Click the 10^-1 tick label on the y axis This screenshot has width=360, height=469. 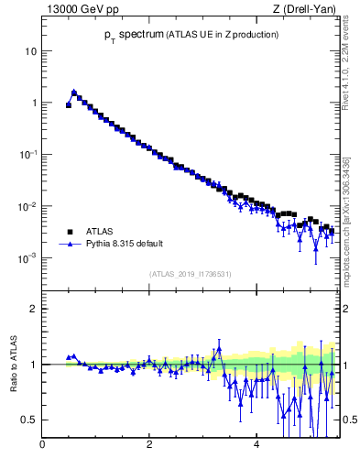[x=30, y=155]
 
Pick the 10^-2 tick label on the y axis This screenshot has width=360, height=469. [x=30, y=206]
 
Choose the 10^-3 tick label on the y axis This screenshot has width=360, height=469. [x=30, y=258]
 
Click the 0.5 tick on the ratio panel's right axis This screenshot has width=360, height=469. [x=349, y=420]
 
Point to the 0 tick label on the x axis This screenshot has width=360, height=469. [x=43, y=446]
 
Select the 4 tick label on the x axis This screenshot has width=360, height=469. [x=256, y=446]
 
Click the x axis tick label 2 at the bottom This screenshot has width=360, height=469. [x=149, y=446]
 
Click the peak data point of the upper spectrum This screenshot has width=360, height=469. [x=74, y=92]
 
